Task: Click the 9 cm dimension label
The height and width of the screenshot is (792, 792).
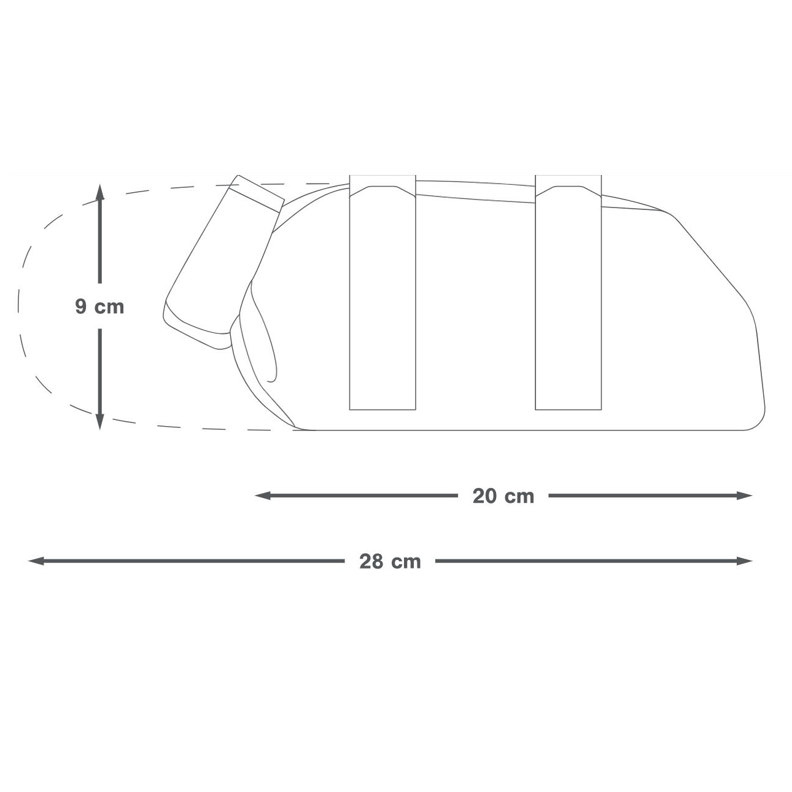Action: click(x=99, y=306)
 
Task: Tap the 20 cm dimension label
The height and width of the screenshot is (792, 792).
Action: click(x=503, y=496)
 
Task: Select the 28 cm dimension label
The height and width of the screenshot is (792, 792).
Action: click(x=390, y=561)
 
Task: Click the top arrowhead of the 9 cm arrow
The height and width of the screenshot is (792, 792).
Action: click(x=100, y=192)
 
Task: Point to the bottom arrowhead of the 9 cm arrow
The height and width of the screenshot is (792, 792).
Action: click(x=100, y=421)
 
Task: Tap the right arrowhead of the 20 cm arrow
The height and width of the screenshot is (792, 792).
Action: click(x=744, y=495)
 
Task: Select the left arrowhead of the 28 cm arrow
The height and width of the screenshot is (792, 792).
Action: click(x=36, y=561)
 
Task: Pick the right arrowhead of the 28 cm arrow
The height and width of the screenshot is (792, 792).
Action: click(x=744, y=561)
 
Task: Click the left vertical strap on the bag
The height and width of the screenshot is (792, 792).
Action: click(x=382, y=293)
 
